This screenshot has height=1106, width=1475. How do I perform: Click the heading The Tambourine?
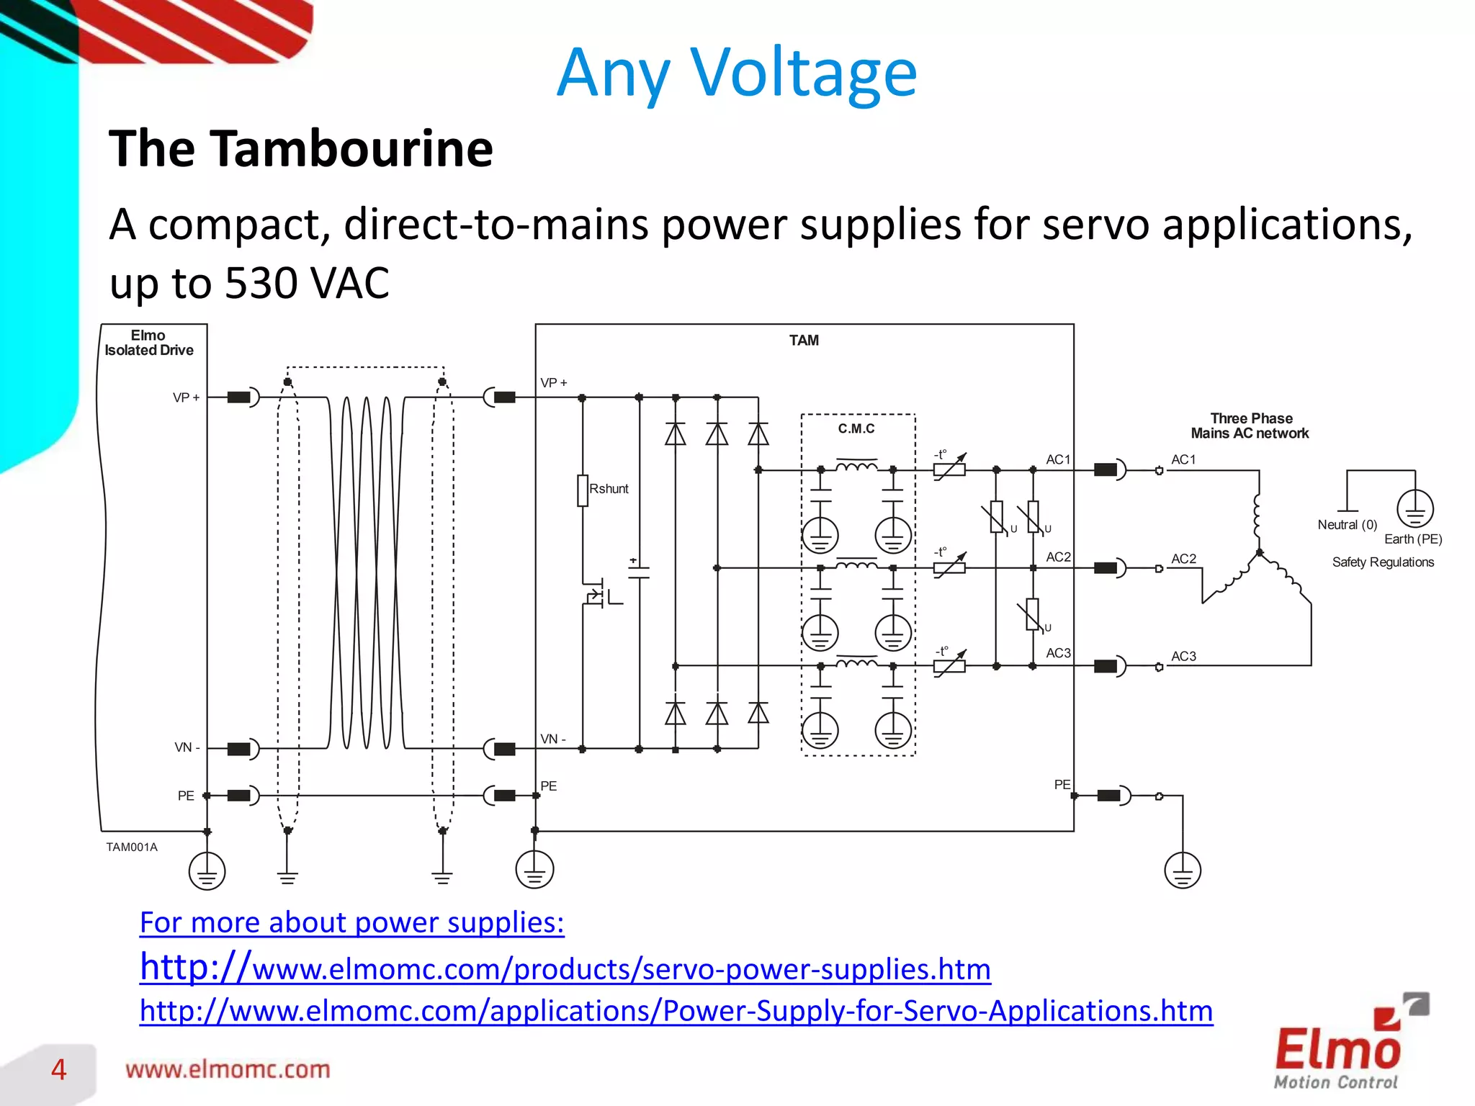(301, 148)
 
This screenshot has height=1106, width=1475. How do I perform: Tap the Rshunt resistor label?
(609, 489)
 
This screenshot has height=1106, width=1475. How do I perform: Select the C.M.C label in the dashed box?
(856, 428)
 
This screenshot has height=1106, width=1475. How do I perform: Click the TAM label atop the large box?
(804, 340)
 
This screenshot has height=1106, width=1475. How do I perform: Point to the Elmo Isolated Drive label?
(149, 343)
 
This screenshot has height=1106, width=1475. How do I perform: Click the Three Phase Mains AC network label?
(1250, 426)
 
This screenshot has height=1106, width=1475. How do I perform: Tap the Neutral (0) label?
(1347, 525)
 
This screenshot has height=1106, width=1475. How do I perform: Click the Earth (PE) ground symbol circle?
(1415, 508)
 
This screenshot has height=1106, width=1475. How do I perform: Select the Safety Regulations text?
(1383, 562)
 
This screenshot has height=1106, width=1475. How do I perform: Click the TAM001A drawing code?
(132, 848)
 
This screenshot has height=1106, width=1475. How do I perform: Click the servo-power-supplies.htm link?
(565, 968)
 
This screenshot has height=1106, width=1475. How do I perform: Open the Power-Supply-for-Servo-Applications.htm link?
(676, 1011)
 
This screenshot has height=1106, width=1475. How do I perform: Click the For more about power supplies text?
(351, 922)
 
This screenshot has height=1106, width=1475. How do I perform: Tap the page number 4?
(58, 1070)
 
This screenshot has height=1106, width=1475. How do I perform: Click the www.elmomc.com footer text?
(228, 1070)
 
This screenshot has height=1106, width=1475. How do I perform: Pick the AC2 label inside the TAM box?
(1058, 557)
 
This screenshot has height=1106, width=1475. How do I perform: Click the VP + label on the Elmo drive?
(186, 397)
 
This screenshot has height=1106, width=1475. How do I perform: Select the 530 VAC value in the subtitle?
(307, 283)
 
